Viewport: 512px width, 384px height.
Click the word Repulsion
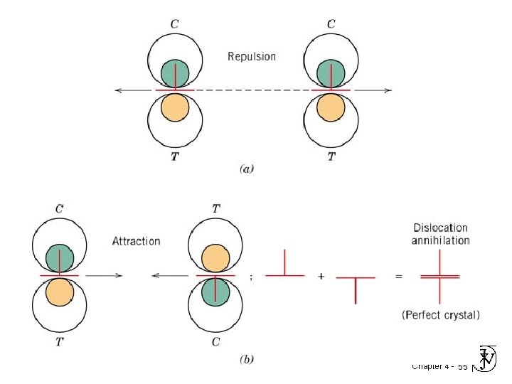(x=252, y=56)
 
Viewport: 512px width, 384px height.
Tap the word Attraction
(x=137, y=241)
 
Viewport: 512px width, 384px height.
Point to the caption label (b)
(x=247, y=360)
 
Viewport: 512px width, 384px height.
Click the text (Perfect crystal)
(x=440, y=314)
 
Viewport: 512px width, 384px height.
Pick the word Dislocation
(x=440, y=228)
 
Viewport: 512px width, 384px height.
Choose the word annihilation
(x=440, y=240)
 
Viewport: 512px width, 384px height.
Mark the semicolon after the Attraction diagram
(x=250, y=277)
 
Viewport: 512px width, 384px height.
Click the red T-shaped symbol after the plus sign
(x=355, y=288)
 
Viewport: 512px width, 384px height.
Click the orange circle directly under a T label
(x=215, y=259)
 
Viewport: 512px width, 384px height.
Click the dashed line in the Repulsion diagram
(x=252, y=90)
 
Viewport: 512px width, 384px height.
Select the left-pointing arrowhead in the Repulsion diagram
(x=119, y=90)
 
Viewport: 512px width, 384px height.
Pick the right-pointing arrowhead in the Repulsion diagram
(x=388, y=90)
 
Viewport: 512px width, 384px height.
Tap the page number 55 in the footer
(x=463, y=367)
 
